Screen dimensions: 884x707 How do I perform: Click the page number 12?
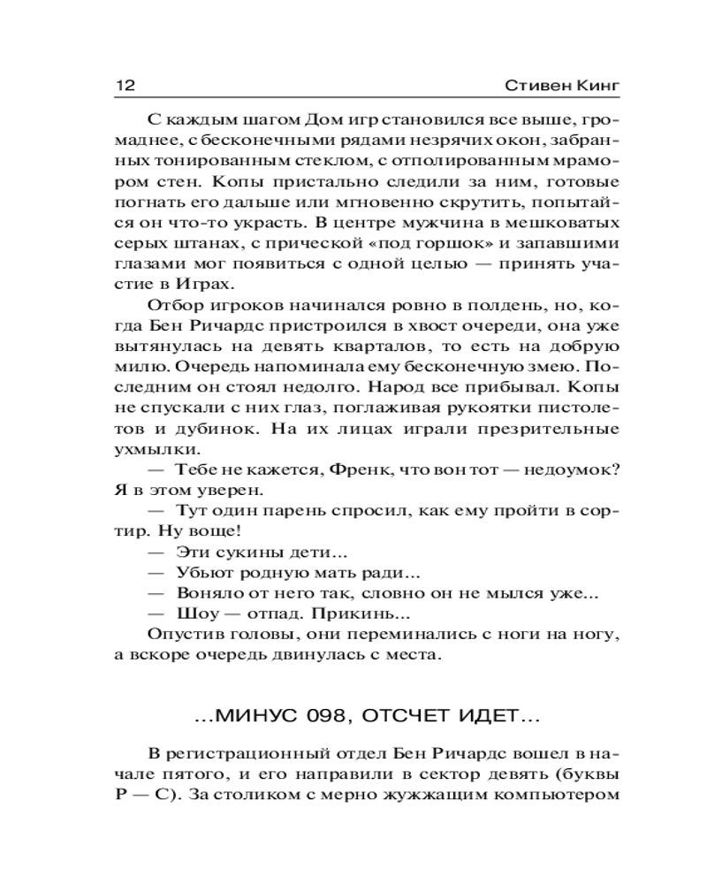[x=123, y=87]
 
